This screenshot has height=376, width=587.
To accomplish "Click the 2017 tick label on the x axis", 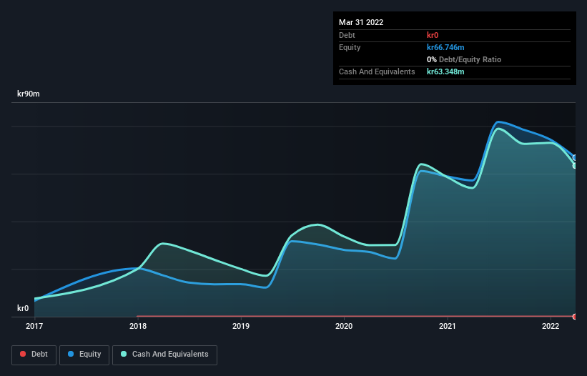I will tap(34, 327).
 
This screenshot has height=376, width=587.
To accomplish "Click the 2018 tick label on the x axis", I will tap(138, 327).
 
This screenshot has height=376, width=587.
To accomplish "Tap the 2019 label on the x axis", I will tap(241, 327).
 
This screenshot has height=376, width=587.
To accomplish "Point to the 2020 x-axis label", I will tap(344, 327).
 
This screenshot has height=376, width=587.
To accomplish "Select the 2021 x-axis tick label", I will tap(448, 327).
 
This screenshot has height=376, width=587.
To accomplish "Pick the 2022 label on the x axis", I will tap(551, 327).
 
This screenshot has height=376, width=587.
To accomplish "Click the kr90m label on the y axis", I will tap(29, 94).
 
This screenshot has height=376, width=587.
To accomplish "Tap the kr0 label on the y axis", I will tap(23, 309).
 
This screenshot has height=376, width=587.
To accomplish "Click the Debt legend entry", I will tap(36, 355).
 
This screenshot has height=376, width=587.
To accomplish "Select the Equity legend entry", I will tap(84, 355).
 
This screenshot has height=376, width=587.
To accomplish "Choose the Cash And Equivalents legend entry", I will tap(164, 355).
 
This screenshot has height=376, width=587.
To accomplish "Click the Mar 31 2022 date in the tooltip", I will tap(361, 22).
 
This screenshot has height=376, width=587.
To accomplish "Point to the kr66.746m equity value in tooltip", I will tap(445, 47).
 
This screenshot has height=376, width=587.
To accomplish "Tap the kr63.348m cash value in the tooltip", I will tap(445, 72).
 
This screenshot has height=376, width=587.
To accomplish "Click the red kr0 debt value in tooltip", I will tap(433, 35).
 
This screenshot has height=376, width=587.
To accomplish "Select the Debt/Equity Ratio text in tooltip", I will tap(467, 59).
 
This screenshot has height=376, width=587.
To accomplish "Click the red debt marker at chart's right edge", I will tap(575, 316).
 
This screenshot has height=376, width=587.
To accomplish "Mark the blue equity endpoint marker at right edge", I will tap(575, 158).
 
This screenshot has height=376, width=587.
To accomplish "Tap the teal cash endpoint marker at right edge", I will tap(575, 166).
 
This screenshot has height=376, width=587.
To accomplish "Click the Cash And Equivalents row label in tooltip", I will tap(377, 72).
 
